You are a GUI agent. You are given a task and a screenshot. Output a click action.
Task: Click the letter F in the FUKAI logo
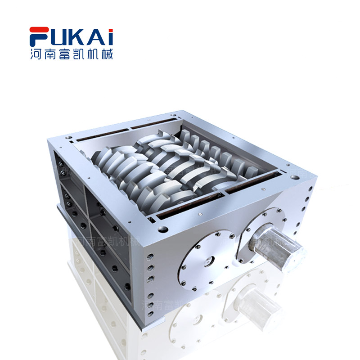click(37, 37)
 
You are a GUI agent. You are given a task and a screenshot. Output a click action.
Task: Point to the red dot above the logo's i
click(110, 29)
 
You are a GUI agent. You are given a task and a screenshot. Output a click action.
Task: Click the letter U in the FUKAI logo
click(57, 37)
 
